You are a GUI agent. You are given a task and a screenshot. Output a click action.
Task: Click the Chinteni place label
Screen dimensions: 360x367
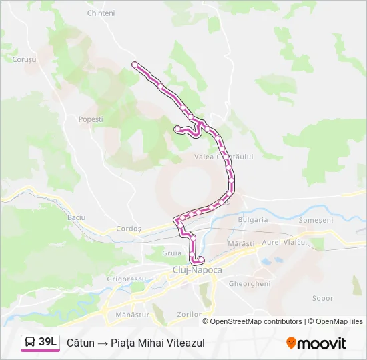pyautogui.click(x=101, y=13)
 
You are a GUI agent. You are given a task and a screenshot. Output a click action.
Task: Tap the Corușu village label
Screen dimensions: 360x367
pyautogui.click(x=24, y=59)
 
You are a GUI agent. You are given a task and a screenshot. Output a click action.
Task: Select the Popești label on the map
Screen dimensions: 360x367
pyautogui.click(x=91, y=119)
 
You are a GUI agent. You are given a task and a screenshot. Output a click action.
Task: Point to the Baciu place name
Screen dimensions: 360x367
pyautogui.click(x=77, y=217)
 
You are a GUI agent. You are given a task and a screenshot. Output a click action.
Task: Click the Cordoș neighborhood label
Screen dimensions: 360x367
pyautogui.click(x=129, y=228)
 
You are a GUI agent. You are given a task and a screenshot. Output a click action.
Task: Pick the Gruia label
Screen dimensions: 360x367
pyautogui.click(x=172, y=253)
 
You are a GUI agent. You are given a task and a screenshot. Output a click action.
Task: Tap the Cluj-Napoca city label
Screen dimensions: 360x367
pyautogui.click(x=197, y=270)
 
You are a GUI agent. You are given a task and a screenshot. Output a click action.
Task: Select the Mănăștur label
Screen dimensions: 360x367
pyautogui.click(x=132, y=314)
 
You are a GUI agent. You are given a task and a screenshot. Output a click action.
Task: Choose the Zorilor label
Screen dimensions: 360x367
pyautogui.click(x=190, y=314)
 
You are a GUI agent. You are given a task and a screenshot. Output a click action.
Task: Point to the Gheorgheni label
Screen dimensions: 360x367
pyautogui.click(x=249, y=283)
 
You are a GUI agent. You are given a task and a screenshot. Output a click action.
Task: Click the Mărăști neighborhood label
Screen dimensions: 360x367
pyautogui.click(x=241, y=244)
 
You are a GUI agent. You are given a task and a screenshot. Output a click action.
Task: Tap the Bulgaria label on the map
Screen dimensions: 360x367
pyautogui.click(x=252, y=219)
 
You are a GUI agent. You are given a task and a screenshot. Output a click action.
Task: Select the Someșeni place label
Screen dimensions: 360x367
pyautogui.click(x=316, y=220)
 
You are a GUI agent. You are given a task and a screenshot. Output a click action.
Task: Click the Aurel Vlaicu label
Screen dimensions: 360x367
pyautogui.click(x=284, y=242)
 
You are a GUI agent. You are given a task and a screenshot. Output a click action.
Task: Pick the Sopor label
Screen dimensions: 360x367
pyautogui.click(x=322, y=298)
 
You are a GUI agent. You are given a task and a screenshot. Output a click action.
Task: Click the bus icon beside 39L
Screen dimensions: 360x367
pyautogui.click(x=30, y=343)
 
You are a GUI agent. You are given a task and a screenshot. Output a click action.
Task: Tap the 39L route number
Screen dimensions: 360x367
pyautogui.click(x=48, y=342)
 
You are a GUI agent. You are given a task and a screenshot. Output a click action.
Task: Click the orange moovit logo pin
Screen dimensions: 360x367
pyautogui.click(x=291, y=343)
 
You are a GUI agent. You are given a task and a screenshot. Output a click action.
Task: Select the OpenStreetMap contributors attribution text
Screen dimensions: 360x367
pyautogui.click(x=256, y=321)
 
